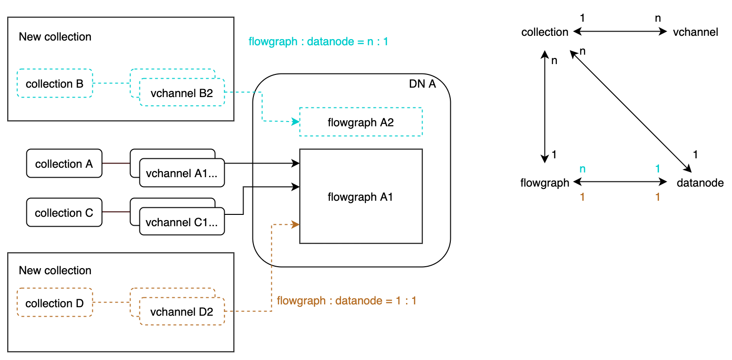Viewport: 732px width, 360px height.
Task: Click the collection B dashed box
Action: pos(55,84)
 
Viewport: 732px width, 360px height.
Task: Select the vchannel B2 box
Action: pos(182,93)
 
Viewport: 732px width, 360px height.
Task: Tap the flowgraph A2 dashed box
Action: pos(361,123)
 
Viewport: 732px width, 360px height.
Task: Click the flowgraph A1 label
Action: pos(360,197)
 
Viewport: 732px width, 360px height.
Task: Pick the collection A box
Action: pos(64,164)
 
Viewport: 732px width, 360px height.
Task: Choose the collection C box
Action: pos(64,213)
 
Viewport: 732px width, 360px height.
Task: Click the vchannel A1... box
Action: pos(182,173)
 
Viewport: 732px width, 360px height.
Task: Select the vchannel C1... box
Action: pos(182,222)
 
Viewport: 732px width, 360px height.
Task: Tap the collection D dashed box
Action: pos(55,303)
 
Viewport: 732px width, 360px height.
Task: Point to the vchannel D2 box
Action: pos(182,311)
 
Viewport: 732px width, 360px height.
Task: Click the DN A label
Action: pos(423,85)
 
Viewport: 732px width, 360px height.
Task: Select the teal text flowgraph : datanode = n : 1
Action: pos(318,41)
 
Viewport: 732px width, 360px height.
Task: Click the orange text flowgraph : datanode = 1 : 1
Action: pos(347,301)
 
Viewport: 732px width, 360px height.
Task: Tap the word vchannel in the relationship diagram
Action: pos(695,32)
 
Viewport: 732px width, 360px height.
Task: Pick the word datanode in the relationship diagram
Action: pos(700,183)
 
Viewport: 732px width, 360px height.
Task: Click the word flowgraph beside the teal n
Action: pos(545,183)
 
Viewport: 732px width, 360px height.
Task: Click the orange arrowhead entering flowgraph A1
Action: pos(296,225)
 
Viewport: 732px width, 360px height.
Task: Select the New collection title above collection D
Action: pos(55,270)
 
